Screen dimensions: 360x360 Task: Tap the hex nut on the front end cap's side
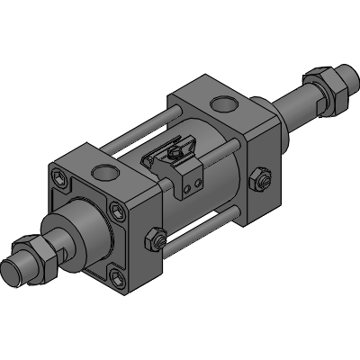click(x=154, y=239)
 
